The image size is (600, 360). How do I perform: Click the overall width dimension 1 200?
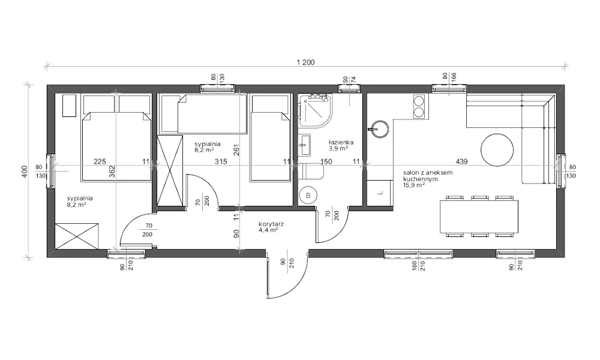click(305, 62)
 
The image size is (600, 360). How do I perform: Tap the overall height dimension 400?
click(25, 171)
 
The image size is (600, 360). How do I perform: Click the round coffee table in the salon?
click(497, 149)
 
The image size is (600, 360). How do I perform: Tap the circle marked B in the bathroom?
click(308, 196)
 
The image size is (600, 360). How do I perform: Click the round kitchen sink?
click(379, 130)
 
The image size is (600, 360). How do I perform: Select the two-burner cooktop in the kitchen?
click(419, 106)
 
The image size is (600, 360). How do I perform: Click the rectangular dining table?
click(479, 217)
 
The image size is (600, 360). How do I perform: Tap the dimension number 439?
click(462, 161)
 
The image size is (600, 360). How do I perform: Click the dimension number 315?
click(221, 161)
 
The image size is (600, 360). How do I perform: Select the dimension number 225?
click(100, 161)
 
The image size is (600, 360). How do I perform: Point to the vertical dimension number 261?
click(236, 149)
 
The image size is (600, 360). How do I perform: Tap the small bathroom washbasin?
click(305, 145)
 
